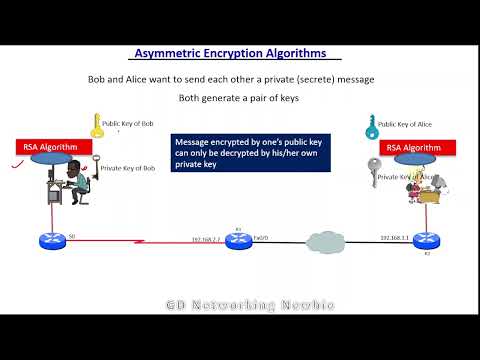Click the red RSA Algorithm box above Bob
point(51,148)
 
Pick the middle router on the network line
point(238,241)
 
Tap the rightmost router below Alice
point(424,241)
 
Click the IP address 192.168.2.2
point(206,238)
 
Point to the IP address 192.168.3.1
point(394,237)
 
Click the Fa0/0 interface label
point(260,237)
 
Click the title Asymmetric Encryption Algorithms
point(236,54)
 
